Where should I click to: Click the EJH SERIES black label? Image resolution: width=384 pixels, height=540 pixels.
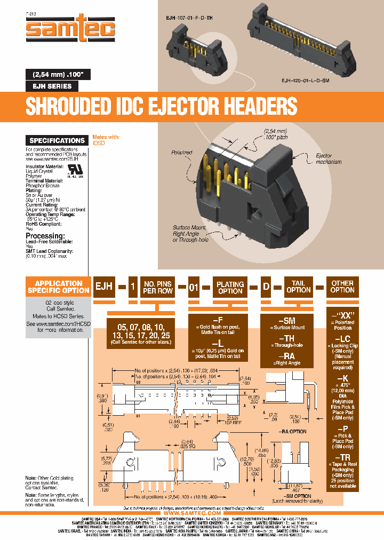click(53, 86)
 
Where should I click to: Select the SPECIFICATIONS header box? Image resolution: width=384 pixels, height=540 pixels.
click(57, 140)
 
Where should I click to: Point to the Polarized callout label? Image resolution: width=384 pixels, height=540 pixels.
click(182, 153)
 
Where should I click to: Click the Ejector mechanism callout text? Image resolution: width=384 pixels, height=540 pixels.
click(329, 158)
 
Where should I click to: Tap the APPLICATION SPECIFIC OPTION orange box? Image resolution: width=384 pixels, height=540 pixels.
click(59, 287)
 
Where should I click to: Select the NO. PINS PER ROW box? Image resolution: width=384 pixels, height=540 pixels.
click(157, 287)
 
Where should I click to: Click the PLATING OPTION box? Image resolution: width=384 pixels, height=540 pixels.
click(230, 287)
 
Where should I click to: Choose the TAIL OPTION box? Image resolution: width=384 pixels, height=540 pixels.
click(298, 287)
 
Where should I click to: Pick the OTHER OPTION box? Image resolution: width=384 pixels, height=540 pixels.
click(342, 287)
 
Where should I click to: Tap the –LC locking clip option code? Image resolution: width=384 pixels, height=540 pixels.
click(342, 339)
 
